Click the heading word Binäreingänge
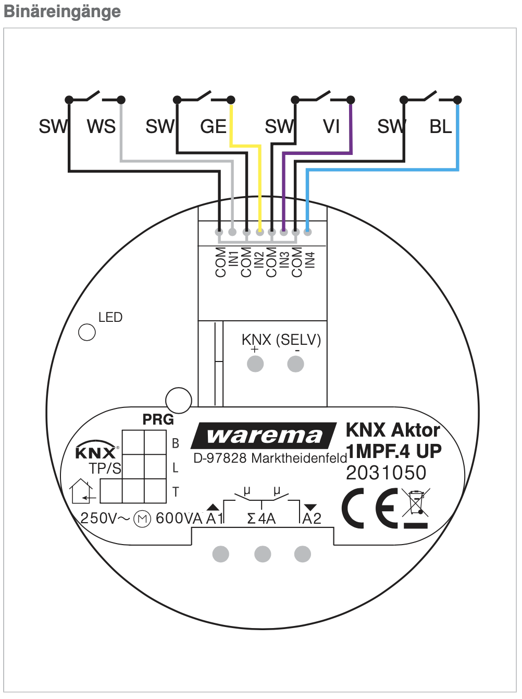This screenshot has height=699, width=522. [x=62, y=11]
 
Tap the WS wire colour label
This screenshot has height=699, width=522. [x=101, y=127]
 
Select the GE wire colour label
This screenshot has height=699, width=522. [x=213, y=127]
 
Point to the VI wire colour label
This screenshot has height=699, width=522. [x=331, y=127]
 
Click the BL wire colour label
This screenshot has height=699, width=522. [x=441, y=127]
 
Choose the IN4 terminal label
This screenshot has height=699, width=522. [x=310, y=260]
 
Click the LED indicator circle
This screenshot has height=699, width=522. [x=87, y=332]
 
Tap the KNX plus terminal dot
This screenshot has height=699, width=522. [x=255, y=364]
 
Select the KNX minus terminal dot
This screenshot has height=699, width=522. [x=295, y=364]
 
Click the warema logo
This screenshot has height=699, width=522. [x=264, y=436]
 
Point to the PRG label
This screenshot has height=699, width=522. [x=158, y=419]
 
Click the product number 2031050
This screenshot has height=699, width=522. [x=386, y=473]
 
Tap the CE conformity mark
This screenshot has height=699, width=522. [x=370, y=508]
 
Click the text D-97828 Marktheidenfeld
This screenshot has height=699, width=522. [x=270, y=459]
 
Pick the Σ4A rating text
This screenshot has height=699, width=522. [x=261, y=519]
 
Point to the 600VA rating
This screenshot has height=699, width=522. [x=179, y=519]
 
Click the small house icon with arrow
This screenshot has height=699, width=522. [x=82, y=491]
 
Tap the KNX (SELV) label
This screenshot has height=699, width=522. [x=281, y=340]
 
